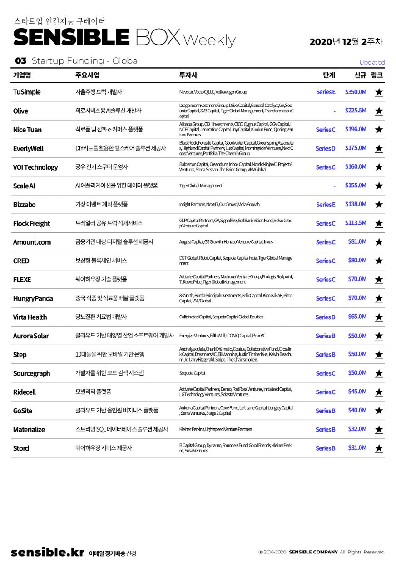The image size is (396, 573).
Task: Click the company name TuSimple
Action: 27,92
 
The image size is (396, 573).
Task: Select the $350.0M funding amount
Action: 356,92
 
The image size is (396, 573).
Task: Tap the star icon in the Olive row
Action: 379,111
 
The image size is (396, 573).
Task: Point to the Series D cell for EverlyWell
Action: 325,148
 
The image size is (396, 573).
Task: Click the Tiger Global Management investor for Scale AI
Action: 201,186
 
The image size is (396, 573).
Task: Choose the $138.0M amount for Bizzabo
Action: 356,204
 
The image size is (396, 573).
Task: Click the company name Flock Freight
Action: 31,223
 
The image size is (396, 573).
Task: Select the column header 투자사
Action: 188,75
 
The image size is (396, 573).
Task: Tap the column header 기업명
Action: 22,75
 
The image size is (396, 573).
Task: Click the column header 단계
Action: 329,75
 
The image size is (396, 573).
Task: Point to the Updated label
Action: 372,62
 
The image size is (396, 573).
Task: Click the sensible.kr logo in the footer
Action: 48,553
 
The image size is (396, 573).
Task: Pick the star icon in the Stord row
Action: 379,448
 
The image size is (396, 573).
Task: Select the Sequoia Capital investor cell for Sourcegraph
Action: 193,373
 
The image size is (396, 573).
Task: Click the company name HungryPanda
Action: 33,298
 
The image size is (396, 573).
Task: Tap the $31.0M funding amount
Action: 357,447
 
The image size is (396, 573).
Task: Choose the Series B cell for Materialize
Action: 325,429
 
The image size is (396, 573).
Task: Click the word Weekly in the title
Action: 210,40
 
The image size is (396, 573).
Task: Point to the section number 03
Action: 21,61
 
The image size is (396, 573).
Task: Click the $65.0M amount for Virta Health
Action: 357,317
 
